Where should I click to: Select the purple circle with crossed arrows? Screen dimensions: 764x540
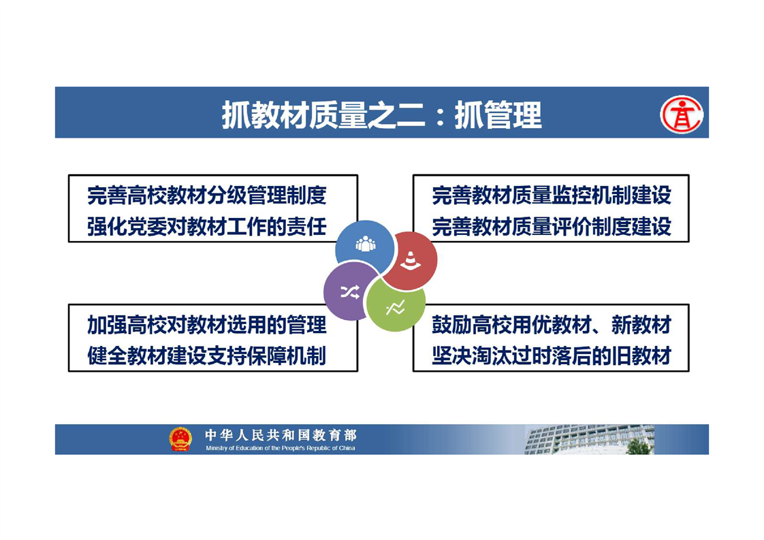click(349, 291)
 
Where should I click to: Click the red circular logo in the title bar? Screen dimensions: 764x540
click(682, 114)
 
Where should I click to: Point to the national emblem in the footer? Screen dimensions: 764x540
click(180, 439)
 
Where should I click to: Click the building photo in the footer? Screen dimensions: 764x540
click(589, 440)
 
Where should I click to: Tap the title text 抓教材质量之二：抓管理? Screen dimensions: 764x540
click(381, 115)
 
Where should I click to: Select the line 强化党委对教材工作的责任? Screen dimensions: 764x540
click(207, 227)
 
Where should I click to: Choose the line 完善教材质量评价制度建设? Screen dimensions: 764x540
click(552, 227)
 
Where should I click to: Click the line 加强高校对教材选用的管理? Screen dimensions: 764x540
click(207, 325)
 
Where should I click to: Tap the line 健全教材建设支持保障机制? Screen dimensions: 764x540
click(207, 355)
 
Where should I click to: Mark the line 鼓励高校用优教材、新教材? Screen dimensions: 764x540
click(552, 325)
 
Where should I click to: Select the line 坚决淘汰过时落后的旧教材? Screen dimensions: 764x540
click(552, 355)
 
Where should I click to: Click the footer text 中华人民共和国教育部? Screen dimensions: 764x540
click(281, 434)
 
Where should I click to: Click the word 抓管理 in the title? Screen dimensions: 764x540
click(498, 115)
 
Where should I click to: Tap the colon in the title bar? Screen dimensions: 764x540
click(441, 117)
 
